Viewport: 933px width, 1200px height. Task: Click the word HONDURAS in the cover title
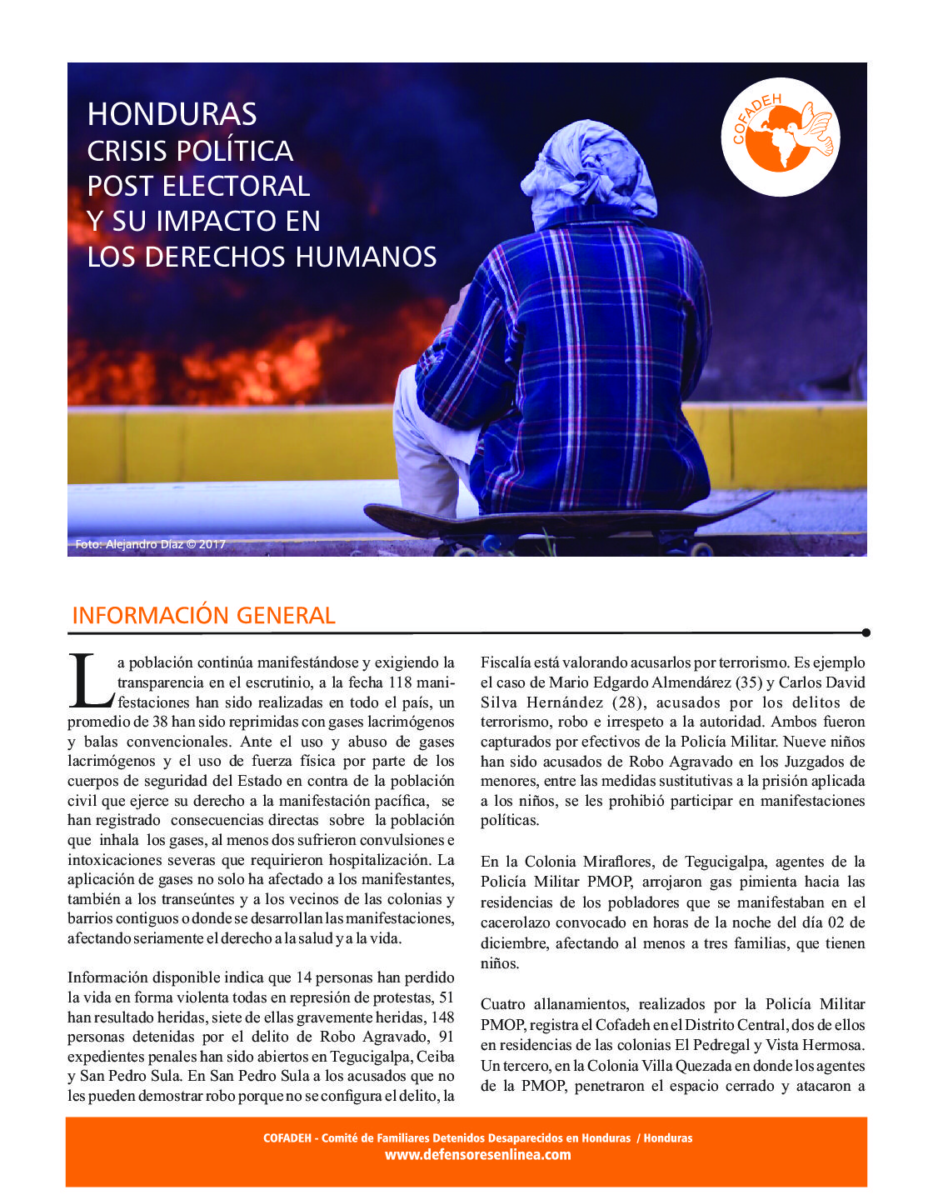(x=172, y=114)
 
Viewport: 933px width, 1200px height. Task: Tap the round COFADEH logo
(x=780, y=137)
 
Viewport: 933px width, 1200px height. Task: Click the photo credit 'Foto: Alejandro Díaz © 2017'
(x=150, y=544)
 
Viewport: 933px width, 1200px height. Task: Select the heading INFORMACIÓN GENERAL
(x=203, y=616)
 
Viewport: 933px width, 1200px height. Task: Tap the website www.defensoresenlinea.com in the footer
(x=477, y=1155)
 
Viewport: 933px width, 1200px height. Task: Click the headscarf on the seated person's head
(x=593, y=171)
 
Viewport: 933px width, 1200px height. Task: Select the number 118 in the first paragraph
(x=401, y=682)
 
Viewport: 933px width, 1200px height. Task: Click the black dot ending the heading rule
(x=866, y=632)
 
